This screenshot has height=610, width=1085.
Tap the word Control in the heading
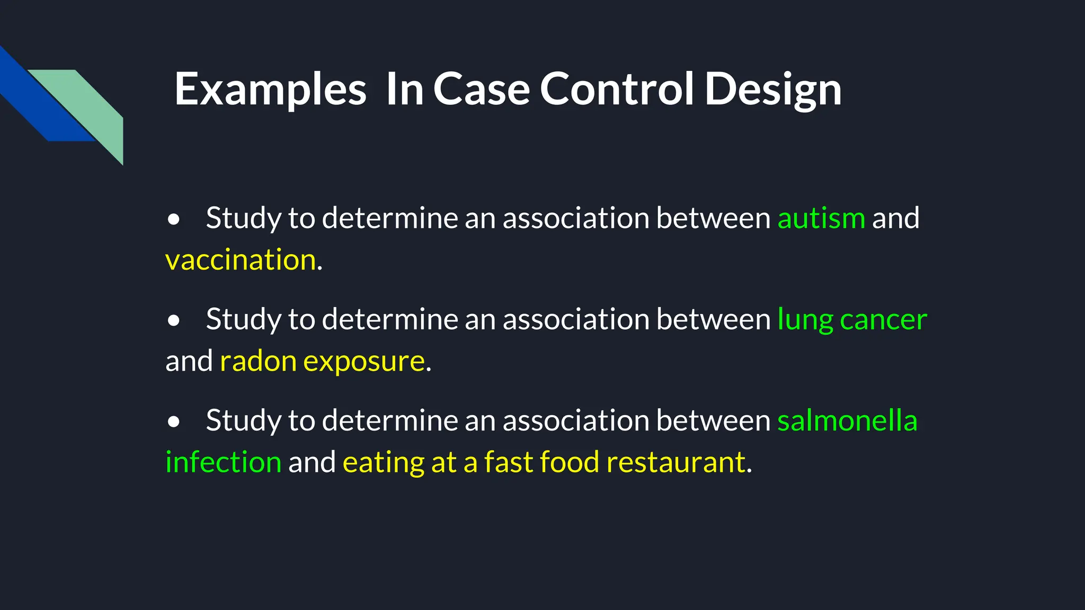[617, 89]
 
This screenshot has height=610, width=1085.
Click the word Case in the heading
[482, 89]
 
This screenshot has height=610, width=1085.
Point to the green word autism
[821, 218]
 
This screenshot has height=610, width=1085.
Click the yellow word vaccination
[241, 260]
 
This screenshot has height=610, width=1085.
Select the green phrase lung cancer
[852, 320]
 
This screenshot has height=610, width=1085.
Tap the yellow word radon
[258, 362]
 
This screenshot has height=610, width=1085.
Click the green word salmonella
[847, 420]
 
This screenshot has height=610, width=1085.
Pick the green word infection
[223, 462]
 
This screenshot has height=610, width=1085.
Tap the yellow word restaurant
[676, 462]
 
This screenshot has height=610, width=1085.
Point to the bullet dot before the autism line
[173, 219]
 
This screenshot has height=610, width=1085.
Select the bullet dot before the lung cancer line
[173, 320]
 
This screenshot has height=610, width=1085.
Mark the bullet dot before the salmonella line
[173, 421]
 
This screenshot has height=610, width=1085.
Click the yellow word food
[570, 462]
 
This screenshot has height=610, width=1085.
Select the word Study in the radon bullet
[244, 320]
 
